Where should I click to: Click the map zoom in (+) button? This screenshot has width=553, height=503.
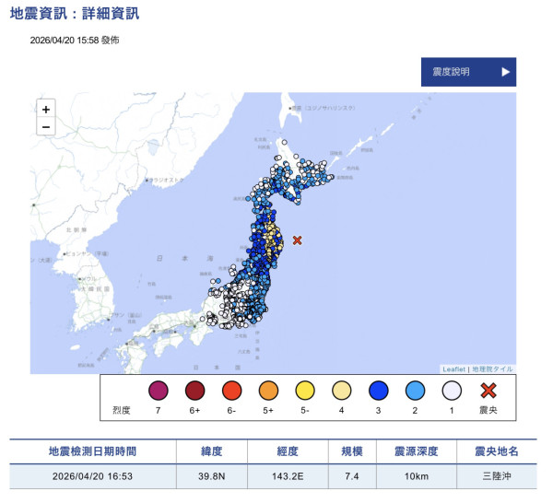pos(46,110)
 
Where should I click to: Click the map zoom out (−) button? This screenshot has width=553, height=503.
pos(46,128)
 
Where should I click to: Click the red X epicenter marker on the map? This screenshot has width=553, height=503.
pos(297,240)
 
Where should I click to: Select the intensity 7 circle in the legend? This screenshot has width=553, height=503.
pos(158,391)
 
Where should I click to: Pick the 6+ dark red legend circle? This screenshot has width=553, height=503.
pos(194,391)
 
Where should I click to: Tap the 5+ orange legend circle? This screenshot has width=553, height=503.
pos(267,391)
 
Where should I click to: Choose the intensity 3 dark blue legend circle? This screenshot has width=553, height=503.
pos(377,391)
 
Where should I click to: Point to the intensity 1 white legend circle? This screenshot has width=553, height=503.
pos(451,391)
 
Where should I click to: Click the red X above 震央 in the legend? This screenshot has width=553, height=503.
pos(488,391)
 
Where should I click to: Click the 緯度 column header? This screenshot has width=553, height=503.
pos(211,451)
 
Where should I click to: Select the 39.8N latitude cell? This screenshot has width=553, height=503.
pos(211,478)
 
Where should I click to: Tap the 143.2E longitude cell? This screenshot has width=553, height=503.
pos(288,478)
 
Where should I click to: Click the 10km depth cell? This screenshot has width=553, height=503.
pos(417,478)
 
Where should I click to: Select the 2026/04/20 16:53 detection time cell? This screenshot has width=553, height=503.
pos(92,478)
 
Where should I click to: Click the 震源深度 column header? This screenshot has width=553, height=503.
pos(417,451)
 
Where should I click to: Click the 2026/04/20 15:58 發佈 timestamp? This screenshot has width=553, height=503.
pos(74,41)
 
